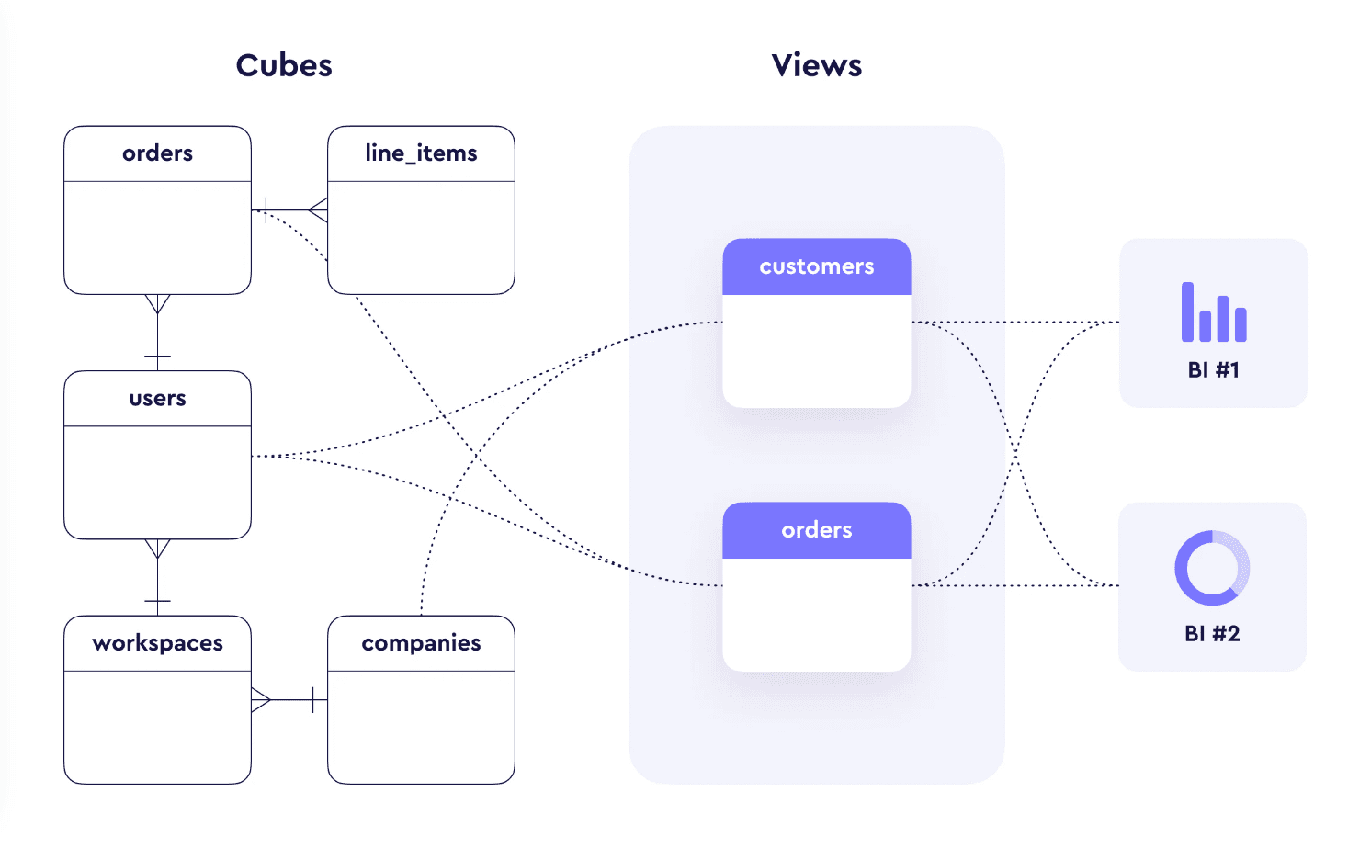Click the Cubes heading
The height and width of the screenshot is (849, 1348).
point(284,65)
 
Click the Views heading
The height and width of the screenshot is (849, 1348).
point(816,65)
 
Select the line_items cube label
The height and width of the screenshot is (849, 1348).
point(421,153)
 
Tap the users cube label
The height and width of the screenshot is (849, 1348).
point(157,399)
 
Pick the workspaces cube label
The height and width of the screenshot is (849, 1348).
point(157,643)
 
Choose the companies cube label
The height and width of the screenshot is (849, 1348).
point(421,643)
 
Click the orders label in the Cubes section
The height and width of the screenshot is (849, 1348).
point(157,153)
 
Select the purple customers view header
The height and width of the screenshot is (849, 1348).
point(816,266)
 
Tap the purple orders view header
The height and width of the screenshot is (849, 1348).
point(816,530)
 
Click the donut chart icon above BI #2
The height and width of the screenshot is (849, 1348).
point(1212,568)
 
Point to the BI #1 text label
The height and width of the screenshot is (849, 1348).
point(1213,370)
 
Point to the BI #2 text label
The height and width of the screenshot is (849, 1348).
point(1212,634)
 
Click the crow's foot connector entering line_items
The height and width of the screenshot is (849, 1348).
point(317,210)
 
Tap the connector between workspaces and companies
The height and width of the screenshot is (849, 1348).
point(289,700)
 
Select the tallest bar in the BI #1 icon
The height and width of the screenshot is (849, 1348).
point(1187,312)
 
